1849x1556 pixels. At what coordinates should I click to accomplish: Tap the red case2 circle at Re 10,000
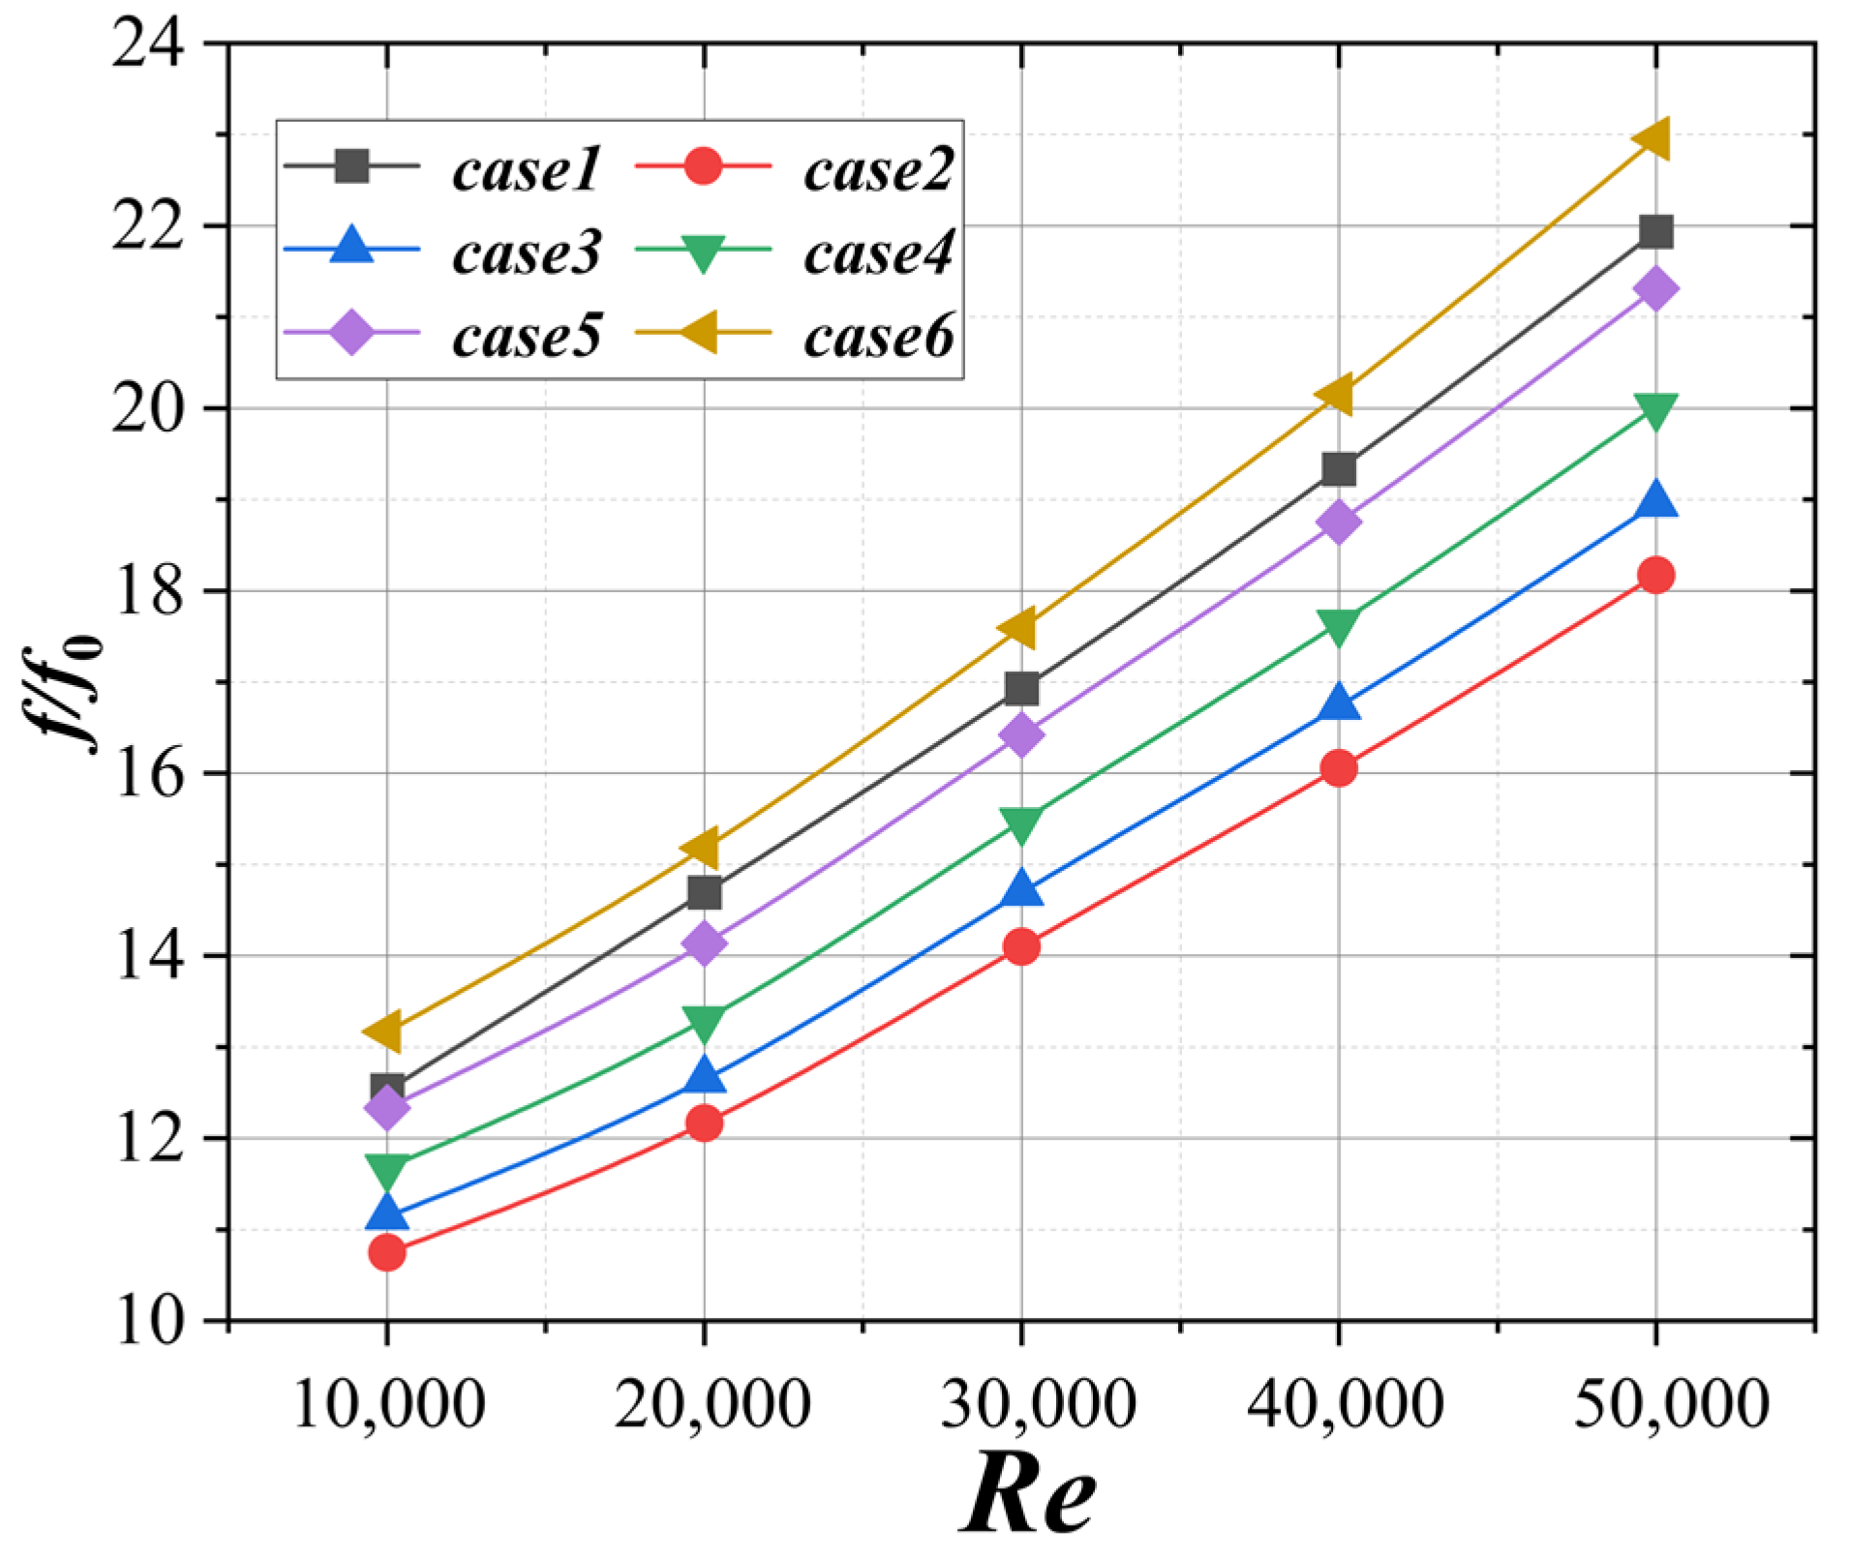point(386,1253)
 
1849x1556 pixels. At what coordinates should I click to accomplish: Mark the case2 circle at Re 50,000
point(1655,576)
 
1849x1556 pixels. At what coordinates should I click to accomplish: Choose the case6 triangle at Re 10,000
point(384,1032)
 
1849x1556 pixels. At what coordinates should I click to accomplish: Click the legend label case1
point(526,169)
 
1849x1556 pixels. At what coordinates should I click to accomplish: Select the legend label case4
point(878,253)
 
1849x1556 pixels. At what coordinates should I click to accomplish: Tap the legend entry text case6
point(878,336)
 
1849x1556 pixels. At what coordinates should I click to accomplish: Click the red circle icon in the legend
point(703,166)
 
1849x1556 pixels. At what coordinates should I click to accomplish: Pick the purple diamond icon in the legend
point(351,333)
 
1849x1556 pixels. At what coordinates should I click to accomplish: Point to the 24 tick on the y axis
point(147,45)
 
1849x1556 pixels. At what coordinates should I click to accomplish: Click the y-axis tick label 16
point(147,774)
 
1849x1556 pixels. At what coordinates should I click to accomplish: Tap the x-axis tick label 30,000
point(1039,1404)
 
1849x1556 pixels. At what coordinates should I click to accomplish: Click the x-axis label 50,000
point(1672,1404)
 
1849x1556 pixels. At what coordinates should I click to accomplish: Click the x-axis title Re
point(1029,1494)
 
